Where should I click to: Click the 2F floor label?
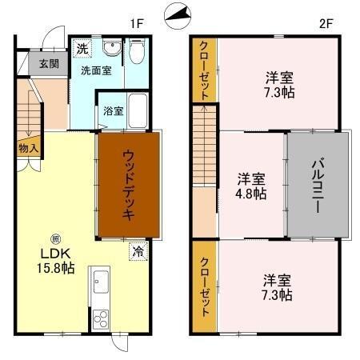point(326,23)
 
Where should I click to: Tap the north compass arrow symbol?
point(179,14)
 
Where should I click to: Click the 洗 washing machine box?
point(82,50)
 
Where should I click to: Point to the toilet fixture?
point(136,52)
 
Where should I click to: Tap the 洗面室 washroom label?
point(95,70)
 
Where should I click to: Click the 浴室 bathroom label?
point(113,111)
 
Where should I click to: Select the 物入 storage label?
point(28,148)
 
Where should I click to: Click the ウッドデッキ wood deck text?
point(128,185)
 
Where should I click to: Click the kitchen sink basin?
point(102,282)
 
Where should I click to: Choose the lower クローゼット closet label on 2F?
point(205,287)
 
